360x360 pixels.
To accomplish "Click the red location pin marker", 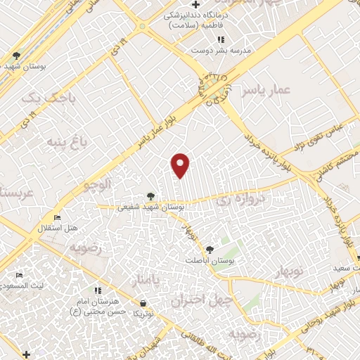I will point(181,165).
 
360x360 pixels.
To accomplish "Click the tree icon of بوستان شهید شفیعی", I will point(151,197).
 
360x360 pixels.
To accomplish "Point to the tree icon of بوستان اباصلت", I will point(209,249).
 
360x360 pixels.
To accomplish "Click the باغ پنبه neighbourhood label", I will point(65,143).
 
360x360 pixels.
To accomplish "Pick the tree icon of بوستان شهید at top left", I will point(16,55).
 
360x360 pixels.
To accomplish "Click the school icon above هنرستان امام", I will point(98,290).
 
